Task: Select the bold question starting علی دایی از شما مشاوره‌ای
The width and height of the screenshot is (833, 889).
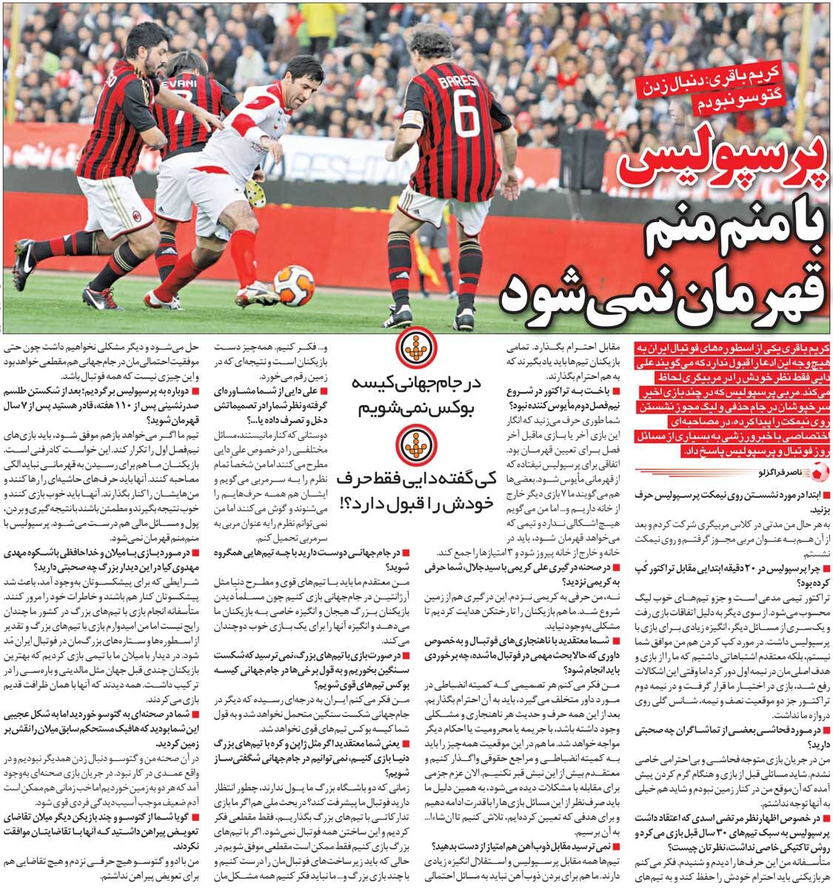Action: (270, 399)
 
